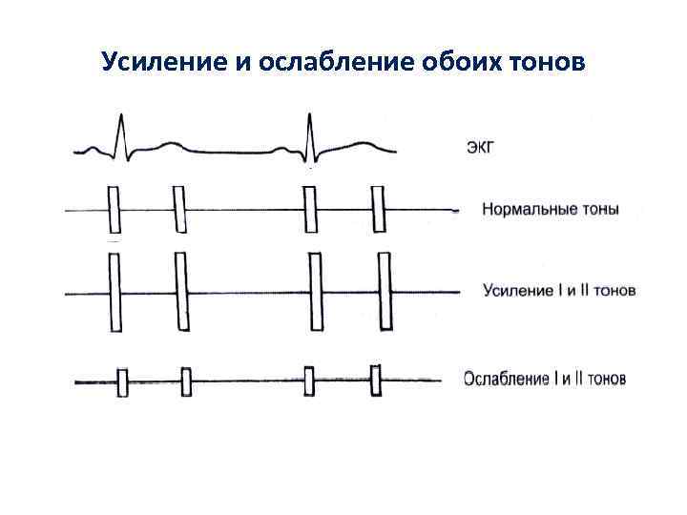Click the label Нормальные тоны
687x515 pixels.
(551, 209)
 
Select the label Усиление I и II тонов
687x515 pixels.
(558, 290)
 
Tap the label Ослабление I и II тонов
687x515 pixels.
(545, 379)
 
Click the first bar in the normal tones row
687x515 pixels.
(115, 209)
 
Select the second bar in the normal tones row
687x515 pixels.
(178, 209)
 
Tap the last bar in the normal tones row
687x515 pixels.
(379, 209)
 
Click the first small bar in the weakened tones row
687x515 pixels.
(122, 382)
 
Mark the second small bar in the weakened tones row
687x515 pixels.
(187, 382)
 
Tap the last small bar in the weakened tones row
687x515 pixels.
(376, 381)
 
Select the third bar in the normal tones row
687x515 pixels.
(309, 209)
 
